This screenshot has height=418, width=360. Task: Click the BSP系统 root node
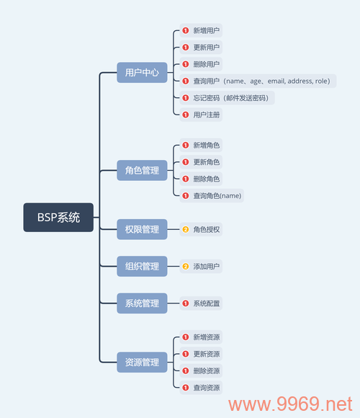point(58,217)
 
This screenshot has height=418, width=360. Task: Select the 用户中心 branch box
point(142,73)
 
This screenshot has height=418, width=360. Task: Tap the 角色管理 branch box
point(142,170)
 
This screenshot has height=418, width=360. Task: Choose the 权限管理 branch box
point(142,229)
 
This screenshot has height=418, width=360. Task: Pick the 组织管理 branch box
point(142,266)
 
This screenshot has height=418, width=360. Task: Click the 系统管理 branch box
point(142,303)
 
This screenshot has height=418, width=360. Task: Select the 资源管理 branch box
point(142,363)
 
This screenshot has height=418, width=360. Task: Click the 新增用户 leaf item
point(206,31)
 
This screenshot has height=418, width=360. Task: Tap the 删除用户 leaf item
point(206,64)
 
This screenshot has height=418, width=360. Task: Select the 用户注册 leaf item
point(206,114)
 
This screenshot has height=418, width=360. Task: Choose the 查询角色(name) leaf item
point(217,195)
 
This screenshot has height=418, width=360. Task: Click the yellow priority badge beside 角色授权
point(186,229)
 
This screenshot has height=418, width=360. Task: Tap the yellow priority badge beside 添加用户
point(186,266)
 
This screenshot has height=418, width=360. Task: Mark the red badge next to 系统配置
point(186,303)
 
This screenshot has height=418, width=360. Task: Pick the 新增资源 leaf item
point(206,337)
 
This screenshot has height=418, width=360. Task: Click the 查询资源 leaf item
point(206,388)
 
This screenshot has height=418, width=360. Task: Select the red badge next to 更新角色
point(186,162)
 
